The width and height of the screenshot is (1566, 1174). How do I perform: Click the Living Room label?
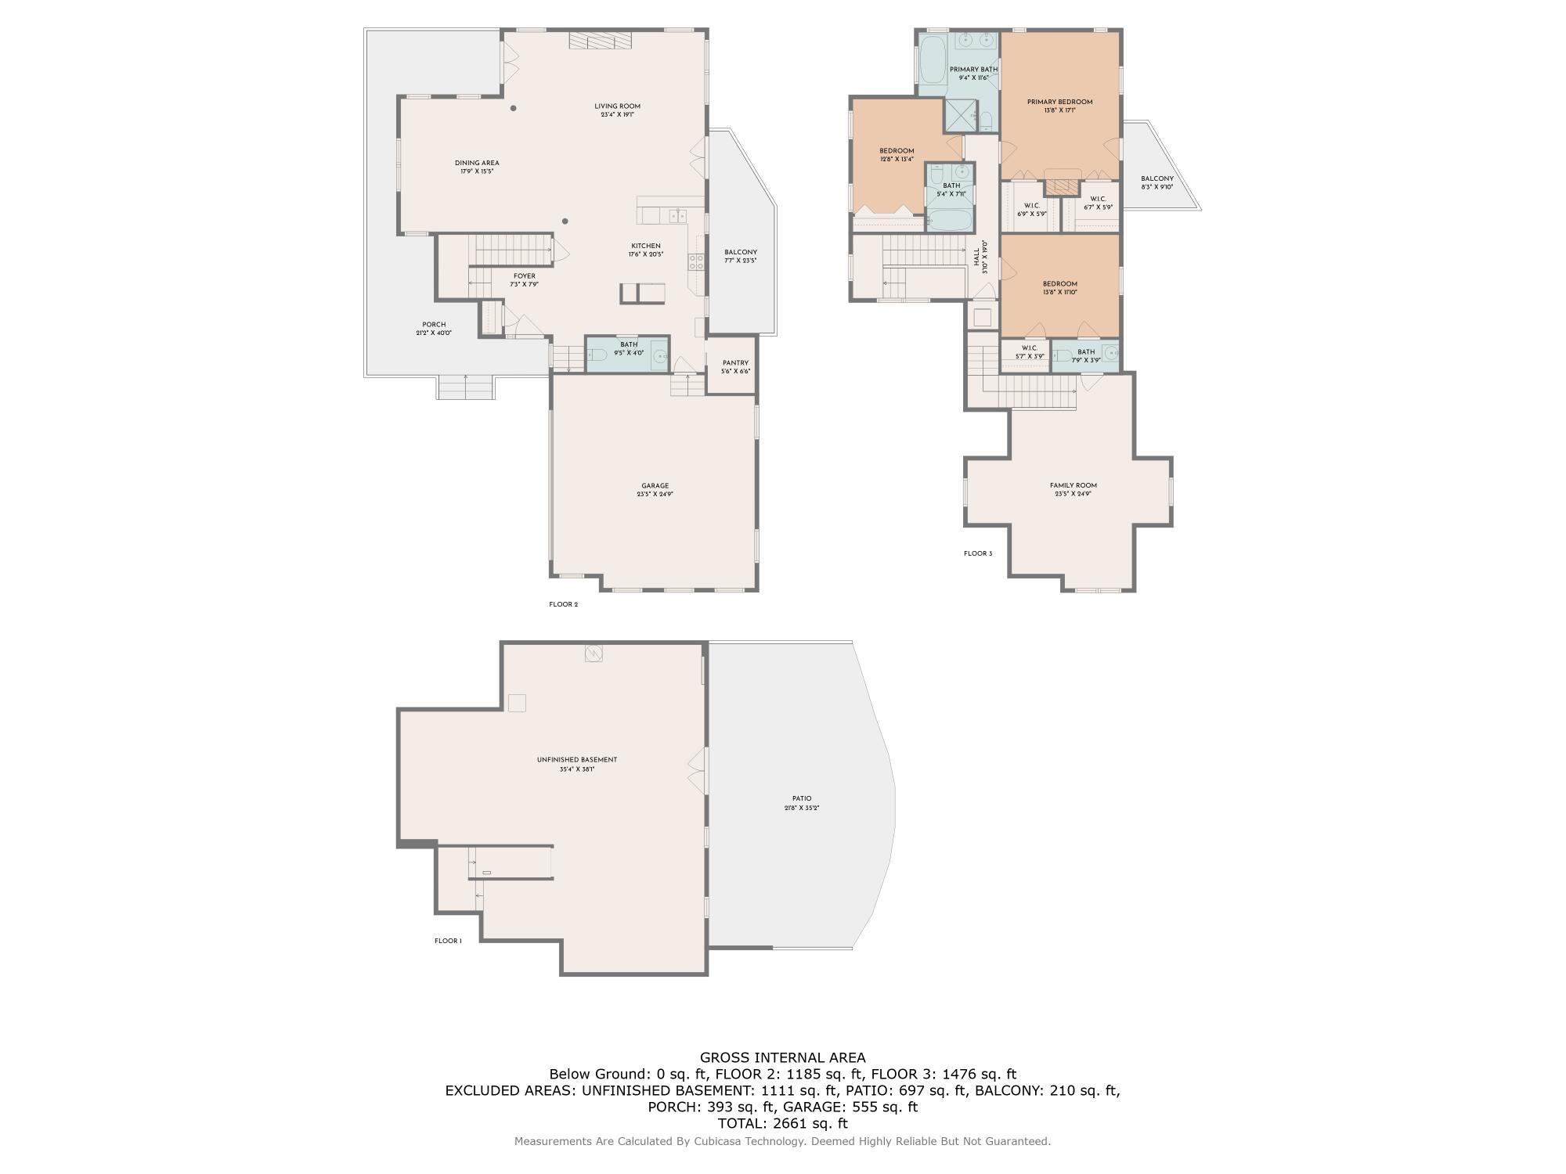coord(617,106)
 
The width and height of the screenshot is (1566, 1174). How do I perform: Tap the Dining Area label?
coord(477,163)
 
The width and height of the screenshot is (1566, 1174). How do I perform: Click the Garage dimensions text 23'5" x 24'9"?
coord(655,495)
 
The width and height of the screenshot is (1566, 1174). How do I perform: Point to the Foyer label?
coord(525,276)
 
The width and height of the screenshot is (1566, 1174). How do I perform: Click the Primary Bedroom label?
coord(1059,102)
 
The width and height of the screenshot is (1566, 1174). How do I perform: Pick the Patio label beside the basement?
coord(802,798)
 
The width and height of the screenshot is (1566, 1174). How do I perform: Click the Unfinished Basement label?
coord(577,759)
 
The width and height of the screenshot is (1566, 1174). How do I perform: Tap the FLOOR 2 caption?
coord(563,604)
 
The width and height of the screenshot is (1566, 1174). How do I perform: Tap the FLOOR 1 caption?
coord(448,941)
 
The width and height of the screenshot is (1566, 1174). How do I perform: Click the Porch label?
coord(434,325)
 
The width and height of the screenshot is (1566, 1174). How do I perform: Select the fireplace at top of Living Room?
coord(600,41)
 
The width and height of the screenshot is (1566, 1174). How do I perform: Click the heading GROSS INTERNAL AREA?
coord(782,1057)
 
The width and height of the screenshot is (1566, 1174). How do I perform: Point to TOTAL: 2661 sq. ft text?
coord(782,1123)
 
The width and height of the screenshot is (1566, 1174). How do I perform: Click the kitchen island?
coord(643,293)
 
